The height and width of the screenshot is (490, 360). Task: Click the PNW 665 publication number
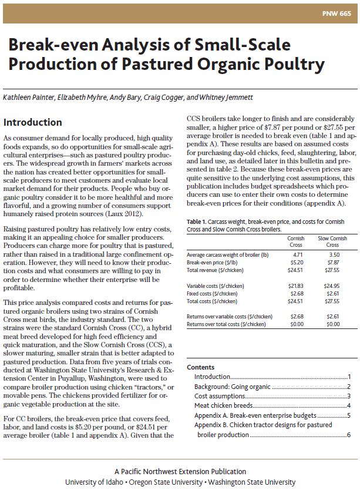coord(335,14)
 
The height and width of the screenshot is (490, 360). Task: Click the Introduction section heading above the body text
coord(33,122)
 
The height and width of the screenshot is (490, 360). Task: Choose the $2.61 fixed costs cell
coord(332,293)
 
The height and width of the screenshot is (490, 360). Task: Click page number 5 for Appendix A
coord(349,415)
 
